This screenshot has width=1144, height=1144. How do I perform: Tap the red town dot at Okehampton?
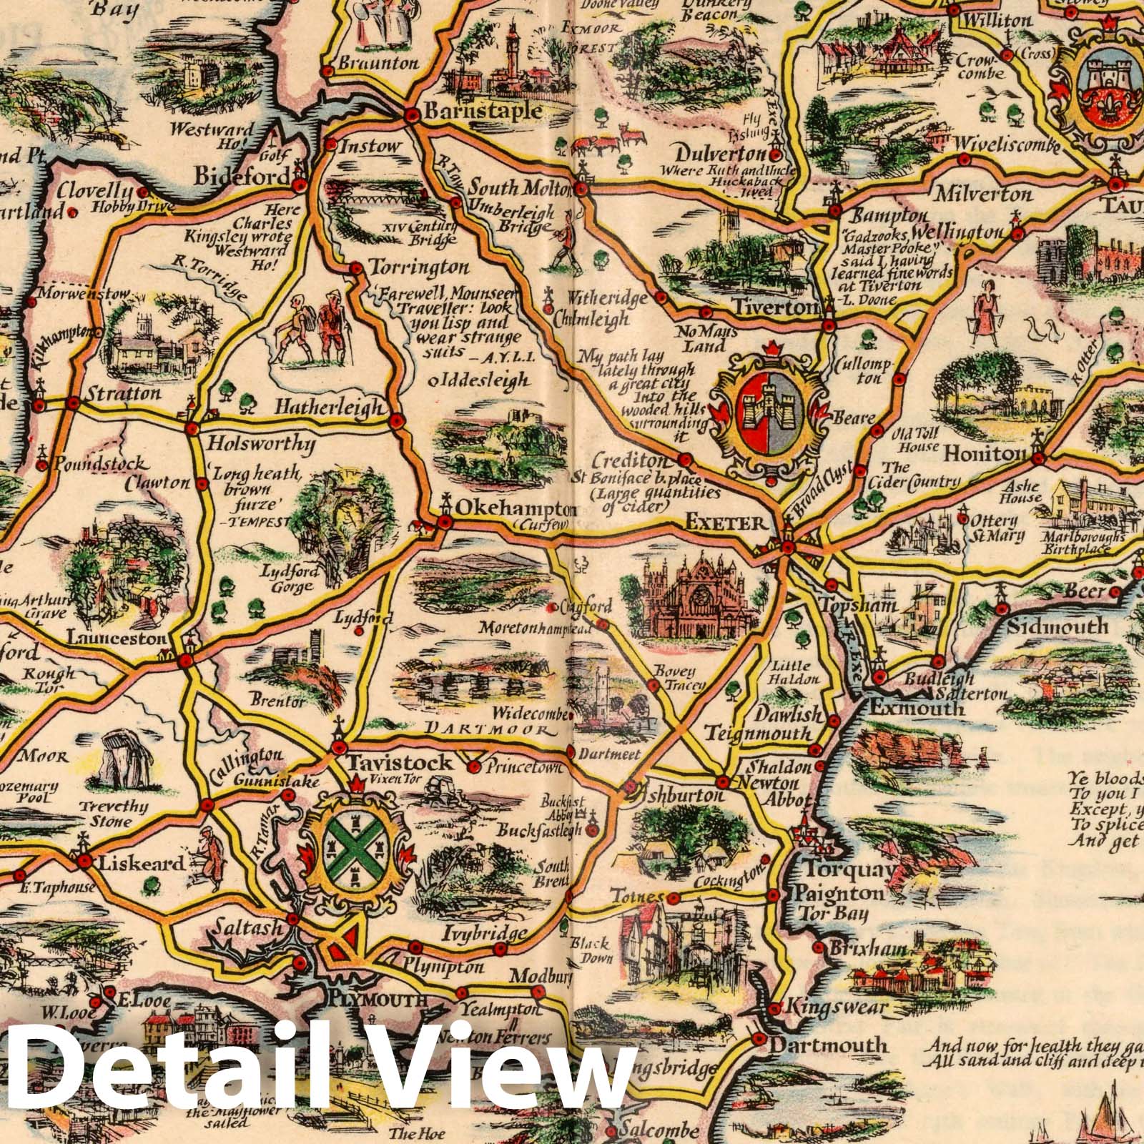coord(445,523)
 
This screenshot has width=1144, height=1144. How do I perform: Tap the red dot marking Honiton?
coord(1038,456)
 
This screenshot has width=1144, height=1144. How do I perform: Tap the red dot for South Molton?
coord(582,189)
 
